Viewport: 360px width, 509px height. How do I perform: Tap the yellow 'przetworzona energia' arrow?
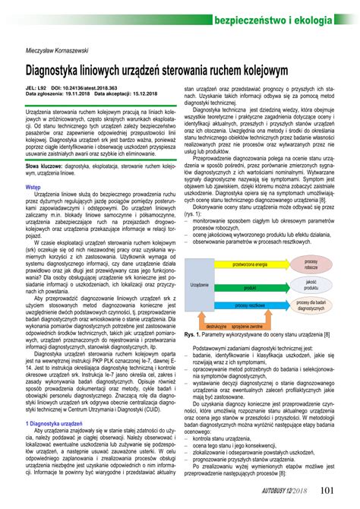pos(250,264)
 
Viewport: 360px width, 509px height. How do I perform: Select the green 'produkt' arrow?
pos(250,288)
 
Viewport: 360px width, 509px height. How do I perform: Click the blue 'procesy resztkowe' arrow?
pos(250,305)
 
